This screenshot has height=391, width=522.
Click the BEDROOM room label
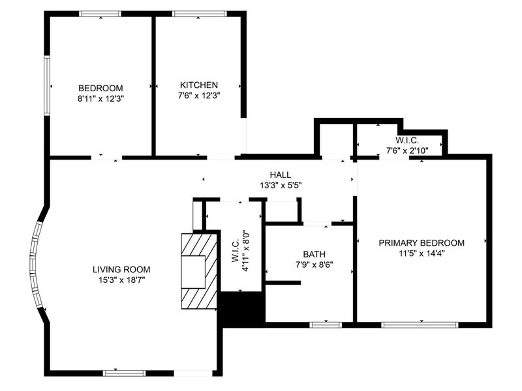coord(100,88)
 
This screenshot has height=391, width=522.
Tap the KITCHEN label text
coord(199,85)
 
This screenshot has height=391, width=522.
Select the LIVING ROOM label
coord(121,269)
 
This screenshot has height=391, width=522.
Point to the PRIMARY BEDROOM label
coord(422,242)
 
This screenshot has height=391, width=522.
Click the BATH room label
coord(315,254)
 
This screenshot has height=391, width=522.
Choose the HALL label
coord(281,175)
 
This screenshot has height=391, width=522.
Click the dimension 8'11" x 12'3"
coord(100,99)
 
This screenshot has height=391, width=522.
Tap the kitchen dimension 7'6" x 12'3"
coord(199,96)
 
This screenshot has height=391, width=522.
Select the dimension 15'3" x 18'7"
coord(121,280)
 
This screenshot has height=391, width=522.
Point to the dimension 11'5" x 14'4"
coord(422,253)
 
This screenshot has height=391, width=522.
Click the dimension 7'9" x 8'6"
coord(315,265)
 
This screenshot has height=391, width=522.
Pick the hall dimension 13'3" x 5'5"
coord(281,185)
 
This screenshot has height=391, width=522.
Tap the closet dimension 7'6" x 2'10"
coord(407,151)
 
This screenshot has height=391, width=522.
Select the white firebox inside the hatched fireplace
coord(193,272)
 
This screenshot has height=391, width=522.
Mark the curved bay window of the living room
coord(35,265)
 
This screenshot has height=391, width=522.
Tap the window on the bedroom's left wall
coord(47,86)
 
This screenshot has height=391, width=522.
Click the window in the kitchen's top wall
coord(200,14)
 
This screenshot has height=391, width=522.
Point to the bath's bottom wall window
coord(326,325)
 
